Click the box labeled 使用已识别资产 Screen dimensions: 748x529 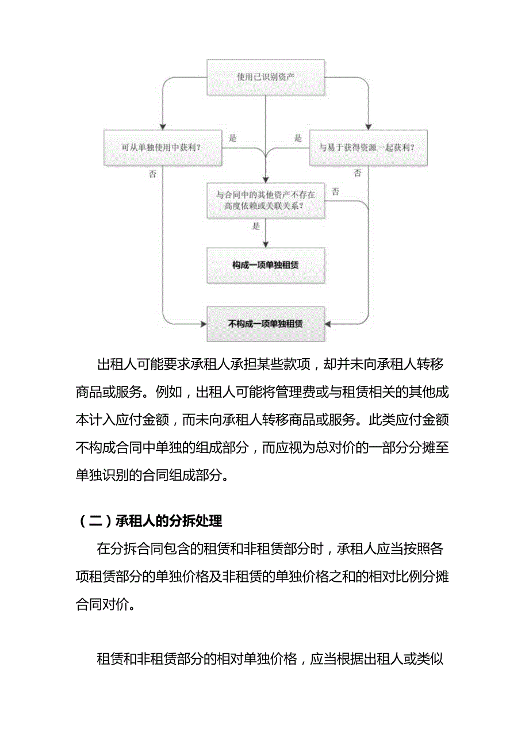(266, 76)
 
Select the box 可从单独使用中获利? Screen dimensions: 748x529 (163, 148)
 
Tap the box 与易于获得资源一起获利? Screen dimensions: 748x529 (368, 148)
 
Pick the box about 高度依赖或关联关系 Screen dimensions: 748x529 (266, 200)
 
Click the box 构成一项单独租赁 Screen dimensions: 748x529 (266, 265)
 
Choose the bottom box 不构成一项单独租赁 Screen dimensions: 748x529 (266, 324)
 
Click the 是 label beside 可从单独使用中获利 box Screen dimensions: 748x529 (233, 139)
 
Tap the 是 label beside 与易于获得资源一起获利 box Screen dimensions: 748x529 (298, 139)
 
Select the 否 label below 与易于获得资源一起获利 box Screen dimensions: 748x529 (357, 173)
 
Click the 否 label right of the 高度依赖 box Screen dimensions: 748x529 (335, 191)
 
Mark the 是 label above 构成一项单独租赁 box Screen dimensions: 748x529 (256, 227)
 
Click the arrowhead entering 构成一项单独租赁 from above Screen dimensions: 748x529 (266, 245)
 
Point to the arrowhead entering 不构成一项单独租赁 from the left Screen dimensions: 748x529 (204, 324)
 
